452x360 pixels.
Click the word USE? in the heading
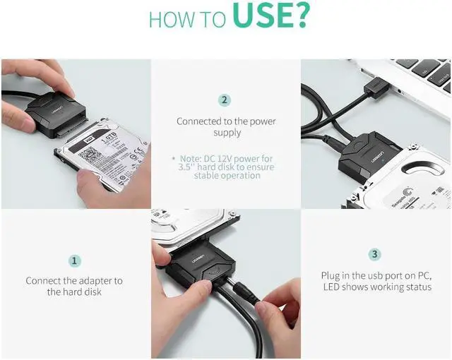pyautogui.click(x=271, y=17)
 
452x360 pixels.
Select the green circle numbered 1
pyautogui.click(x=74, y=260)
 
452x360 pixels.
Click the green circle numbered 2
pyautogui.click(x=225, y=100)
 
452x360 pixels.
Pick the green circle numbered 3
pyautogui.click(x=375, y=254)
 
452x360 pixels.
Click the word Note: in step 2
pyautogui.click(x=191, y=158)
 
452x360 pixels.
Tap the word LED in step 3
pyautogui.click(x=333, y=287)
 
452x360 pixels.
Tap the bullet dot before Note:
pyautogui.click(x=173, y=158)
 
